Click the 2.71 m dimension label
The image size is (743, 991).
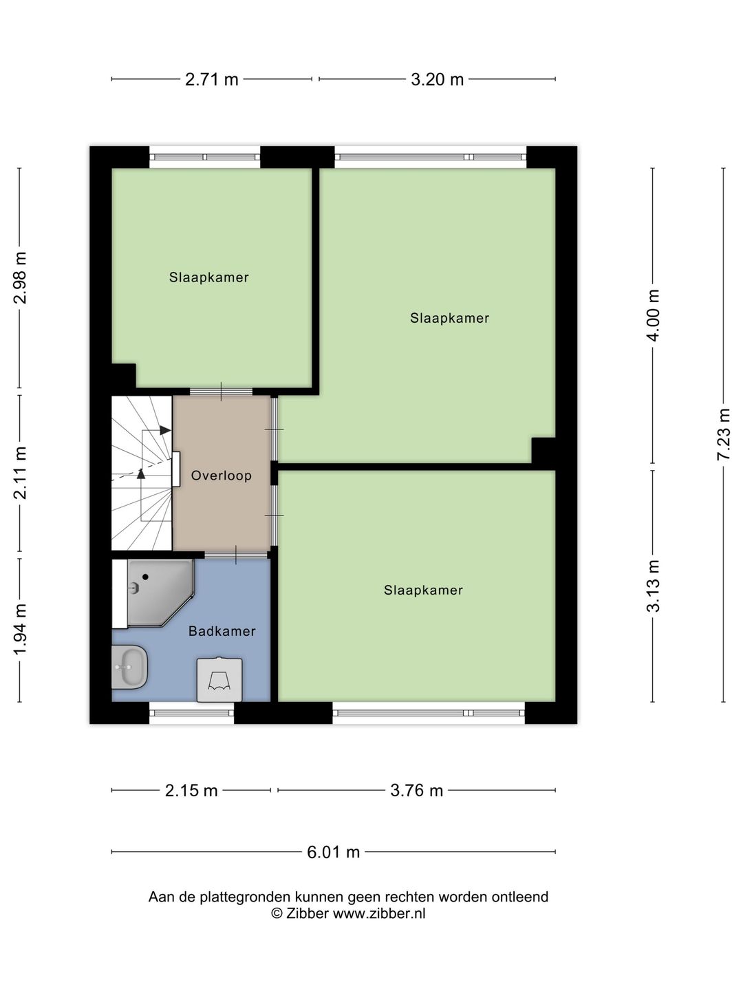(x=211, y=80)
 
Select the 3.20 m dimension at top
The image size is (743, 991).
(x=437, y=80)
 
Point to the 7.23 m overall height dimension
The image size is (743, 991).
(x=723, y=435)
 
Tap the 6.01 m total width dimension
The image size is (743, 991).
(x=333, y=852)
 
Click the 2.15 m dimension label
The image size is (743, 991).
(x=191, y=791)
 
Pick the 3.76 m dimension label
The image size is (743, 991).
(x=416, y=791)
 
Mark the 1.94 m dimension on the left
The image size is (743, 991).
(x=21, y=630)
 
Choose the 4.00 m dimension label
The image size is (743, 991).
(x=653, y=315)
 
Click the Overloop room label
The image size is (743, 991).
(x=221, y=476)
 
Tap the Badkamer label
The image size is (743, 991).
(x=222, y=631)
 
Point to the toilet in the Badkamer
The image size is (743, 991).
(x=219, y=680)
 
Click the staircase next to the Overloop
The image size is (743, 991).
(x=142, y=473)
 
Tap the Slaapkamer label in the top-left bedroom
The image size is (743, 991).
(x=208, y=277)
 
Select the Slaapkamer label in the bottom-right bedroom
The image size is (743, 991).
(x=423, y=590)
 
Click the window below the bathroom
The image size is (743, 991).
(x=191, y=713)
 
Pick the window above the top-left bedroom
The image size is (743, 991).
(x=205, y=157)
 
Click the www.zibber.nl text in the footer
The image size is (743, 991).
(x=379, y=914)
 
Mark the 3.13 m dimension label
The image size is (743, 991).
(x=653, y=586)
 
